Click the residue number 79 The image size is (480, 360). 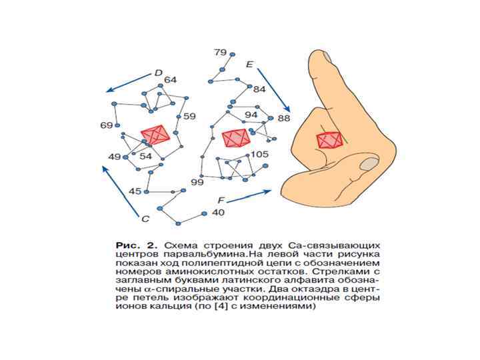point(219,52)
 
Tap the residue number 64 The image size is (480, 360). point(170,80)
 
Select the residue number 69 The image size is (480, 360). point(106,125)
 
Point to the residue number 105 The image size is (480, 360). point(260,154)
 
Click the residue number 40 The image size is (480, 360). point(218,213)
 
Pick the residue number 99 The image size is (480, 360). point(197,182)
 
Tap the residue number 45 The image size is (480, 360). point(135,191)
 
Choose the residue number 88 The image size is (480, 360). point(284,119)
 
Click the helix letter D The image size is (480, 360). point(159,73)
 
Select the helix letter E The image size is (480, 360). point(249,65)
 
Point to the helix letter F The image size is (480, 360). point(221,200)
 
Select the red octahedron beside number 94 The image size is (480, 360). point(236,139)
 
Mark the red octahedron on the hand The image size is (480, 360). point(331,140)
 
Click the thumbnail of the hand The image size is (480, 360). point(367,163)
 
